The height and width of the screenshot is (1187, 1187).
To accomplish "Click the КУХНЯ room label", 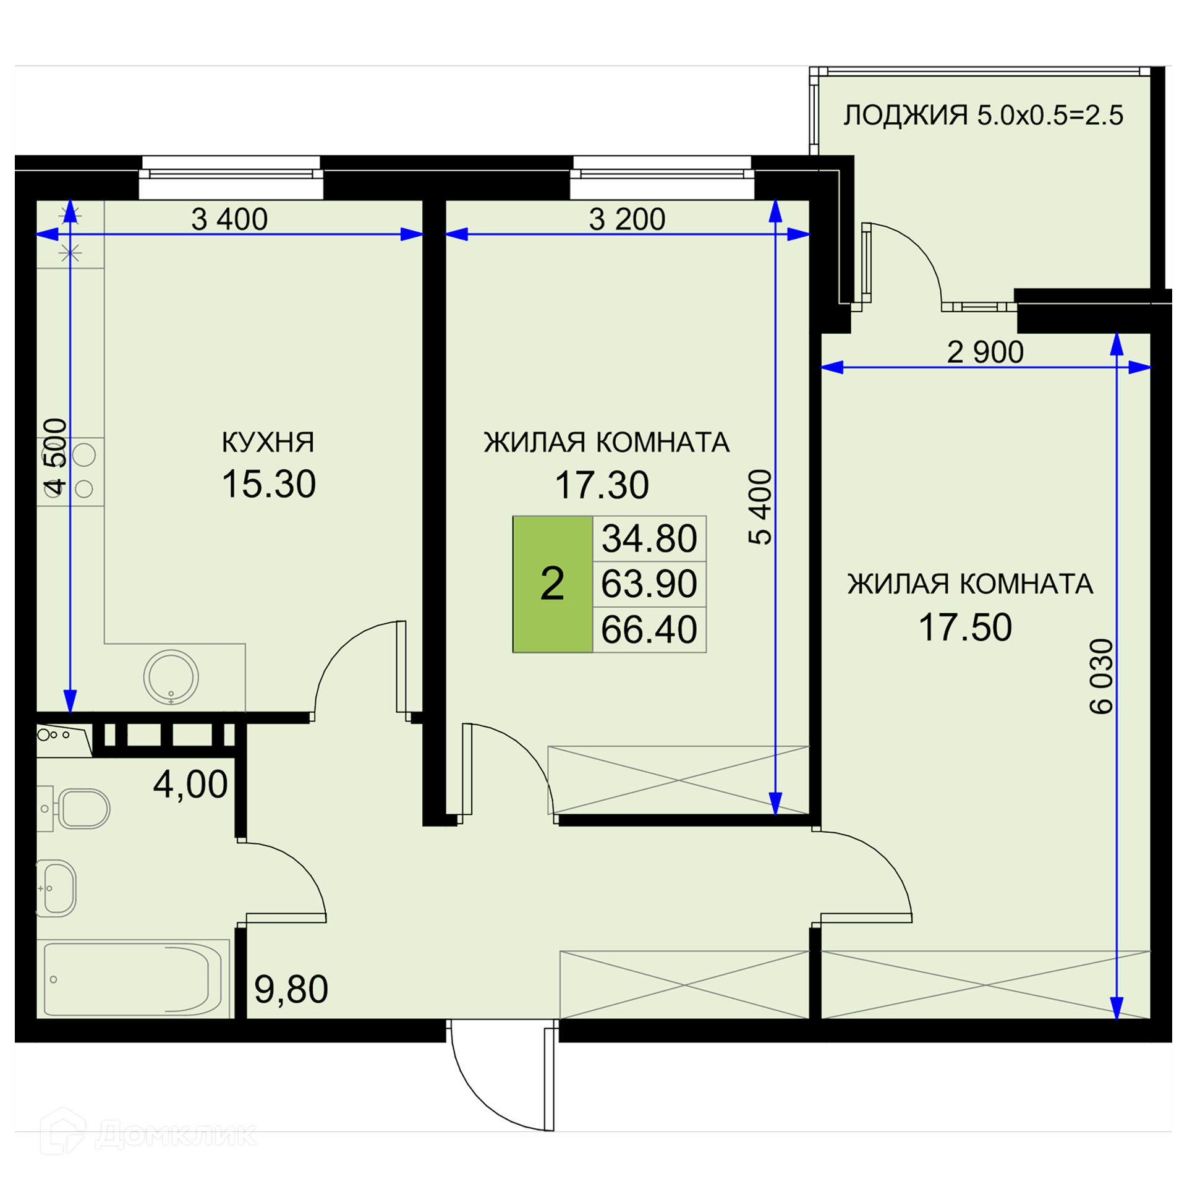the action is pyautogui.click(x=268, y=443).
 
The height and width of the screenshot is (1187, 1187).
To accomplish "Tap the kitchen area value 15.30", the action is pyautogui.click(x=269, y=484).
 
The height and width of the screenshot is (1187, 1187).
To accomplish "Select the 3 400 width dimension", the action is pyautogui.click(x=229, y=219).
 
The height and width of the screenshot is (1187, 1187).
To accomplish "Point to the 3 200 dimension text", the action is pyautogui.click(x=627, y=219).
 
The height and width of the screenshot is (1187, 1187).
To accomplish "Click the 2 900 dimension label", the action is pyautogui.click(x=985, y=352).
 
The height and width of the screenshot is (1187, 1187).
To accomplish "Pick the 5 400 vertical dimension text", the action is pyautogui.click(x=760, y=507).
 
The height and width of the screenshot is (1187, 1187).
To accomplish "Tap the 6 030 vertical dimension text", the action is pyautogui.click(x=1101, y=677).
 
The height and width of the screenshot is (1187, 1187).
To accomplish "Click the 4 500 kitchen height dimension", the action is pyautogui.click(x=55, y=457).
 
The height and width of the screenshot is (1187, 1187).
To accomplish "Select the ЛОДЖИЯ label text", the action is pyautogui.click(x=906, y=116).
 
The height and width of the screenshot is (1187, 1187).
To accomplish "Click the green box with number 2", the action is pyautogui.click(x=553, y=584).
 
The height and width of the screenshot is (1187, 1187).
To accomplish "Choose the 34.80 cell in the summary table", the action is pyautogui.click(x=649, y=538).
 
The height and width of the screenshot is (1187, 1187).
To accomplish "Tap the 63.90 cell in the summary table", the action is pyautogui.click(x=649, y=584).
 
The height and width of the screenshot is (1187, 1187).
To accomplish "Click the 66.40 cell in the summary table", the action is pyautogui.click(x=649, y=630).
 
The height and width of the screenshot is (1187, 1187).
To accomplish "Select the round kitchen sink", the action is pyautogui.click(x=171, y=678).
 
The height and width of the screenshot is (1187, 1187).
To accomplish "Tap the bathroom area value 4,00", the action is pyautogui.click(x=190, y=785).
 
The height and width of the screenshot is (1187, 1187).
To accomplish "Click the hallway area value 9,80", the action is pyautogui.click(x=291, y=990).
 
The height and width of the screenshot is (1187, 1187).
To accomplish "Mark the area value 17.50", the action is pyautogui.click(x=965, y=628).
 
